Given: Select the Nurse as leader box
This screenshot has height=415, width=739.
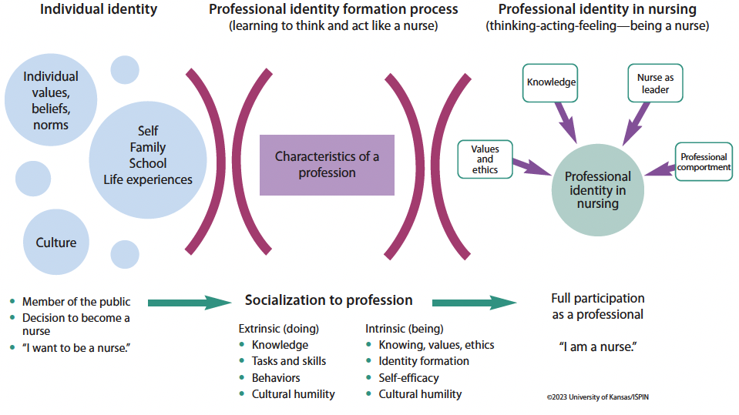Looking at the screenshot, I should coord(655,83).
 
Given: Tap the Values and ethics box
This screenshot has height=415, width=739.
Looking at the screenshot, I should coord(485,159).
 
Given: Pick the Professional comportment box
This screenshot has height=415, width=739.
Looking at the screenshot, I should coord(704,162).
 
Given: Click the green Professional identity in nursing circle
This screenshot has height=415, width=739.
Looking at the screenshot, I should coord(597,190).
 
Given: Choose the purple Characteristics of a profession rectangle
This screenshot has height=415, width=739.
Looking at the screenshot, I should coord(327,165).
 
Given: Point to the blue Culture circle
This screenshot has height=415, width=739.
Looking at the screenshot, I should coord(56,243).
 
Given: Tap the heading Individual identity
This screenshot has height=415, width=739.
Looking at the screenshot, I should coord(99,10).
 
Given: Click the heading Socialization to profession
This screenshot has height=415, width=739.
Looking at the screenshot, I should coord(328,300).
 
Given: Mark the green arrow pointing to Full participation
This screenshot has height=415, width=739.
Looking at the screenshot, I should coord(473,303).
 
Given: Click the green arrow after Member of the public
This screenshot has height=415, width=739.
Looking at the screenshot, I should coord(189,303).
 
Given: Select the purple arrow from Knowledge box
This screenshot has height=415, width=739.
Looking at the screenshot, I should coord(566,122).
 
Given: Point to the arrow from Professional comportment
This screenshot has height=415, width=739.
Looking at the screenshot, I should coord(659,169).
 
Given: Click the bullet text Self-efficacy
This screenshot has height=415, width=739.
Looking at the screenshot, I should coord(408,377).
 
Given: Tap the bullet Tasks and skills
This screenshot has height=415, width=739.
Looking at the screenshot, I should coord(288,361).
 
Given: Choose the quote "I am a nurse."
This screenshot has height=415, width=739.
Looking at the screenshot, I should coord(597,346).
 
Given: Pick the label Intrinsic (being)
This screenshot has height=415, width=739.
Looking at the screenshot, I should coord(404,329).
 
